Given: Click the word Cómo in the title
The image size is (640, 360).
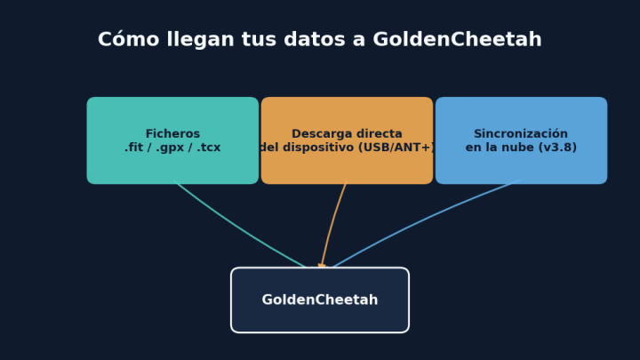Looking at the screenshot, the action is (x=128, y=40).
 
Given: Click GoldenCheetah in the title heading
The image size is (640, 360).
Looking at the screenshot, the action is (x=457, y=40).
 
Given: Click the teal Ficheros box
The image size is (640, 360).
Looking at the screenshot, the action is (x=172, y=140).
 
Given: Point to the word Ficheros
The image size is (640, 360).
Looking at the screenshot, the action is (x=172, y=134).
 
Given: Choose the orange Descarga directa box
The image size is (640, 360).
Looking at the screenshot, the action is (x=347, y=140).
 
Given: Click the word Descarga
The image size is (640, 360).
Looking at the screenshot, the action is (x=318, y=134).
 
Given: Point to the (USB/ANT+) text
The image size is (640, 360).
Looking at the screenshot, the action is (x=396, y=148).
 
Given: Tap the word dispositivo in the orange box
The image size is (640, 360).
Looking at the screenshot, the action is (x=319, y=148).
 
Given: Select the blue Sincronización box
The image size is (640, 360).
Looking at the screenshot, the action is (x=521, y=140).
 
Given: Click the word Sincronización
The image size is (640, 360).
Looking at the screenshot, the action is (x=521, y=134).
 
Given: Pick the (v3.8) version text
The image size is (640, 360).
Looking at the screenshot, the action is (x=557, y=148).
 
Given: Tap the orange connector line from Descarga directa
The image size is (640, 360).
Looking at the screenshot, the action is (x=332, y=224).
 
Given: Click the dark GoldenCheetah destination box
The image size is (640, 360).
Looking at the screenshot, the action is (x=320, y=300).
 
